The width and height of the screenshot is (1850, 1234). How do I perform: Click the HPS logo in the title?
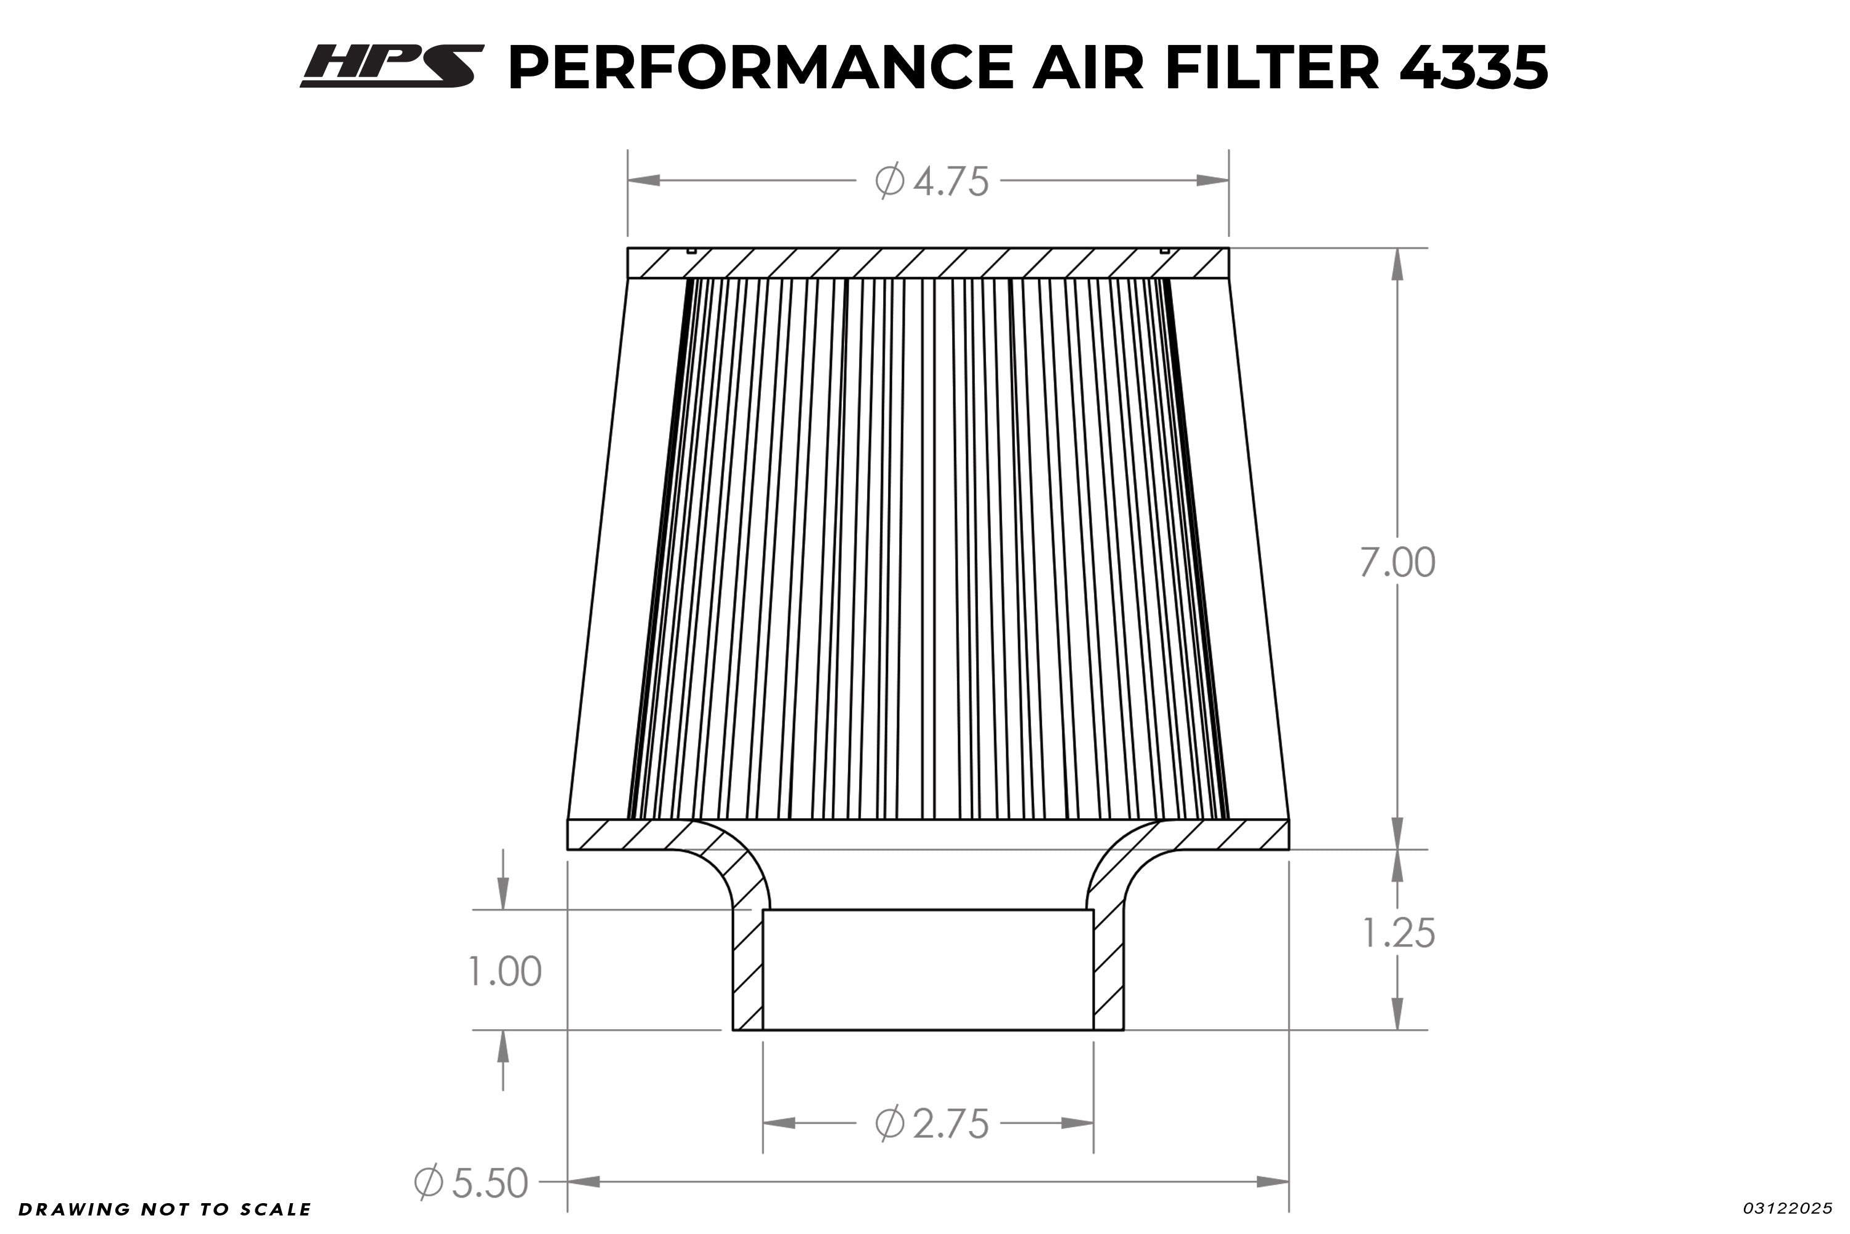[x=391, y=66]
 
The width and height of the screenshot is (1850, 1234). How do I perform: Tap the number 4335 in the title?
[x=1473, y=68]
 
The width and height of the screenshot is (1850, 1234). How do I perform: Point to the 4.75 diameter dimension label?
[x=950, y=182]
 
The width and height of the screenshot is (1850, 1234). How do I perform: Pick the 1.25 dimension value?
[x=1398, y=934]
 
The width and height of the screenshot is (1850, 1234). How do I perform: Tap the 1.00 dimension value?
[x=504, y=971]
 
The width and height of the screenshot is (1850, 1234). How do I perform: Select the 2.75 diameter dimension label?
[x=950, y=1124]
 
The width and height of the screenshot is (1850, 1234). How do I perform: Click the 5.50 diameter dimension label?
[x=488, y=1183]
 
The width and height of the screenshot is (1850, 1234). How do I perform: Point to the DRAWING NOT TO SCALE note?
[x=165, y=1209]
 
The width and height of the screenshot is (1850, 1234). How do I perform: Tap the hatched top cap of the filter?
[x=927, y=263]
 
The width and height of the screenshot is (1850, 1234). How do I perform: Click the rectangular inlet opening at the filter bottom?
[x=927, y=969]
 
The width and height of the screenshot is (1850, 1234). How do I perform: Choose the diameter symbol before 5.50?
[x=429, y=1182]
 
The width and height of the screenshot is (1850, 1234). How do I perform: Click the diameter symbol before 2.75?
[x=890, y=1123]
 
